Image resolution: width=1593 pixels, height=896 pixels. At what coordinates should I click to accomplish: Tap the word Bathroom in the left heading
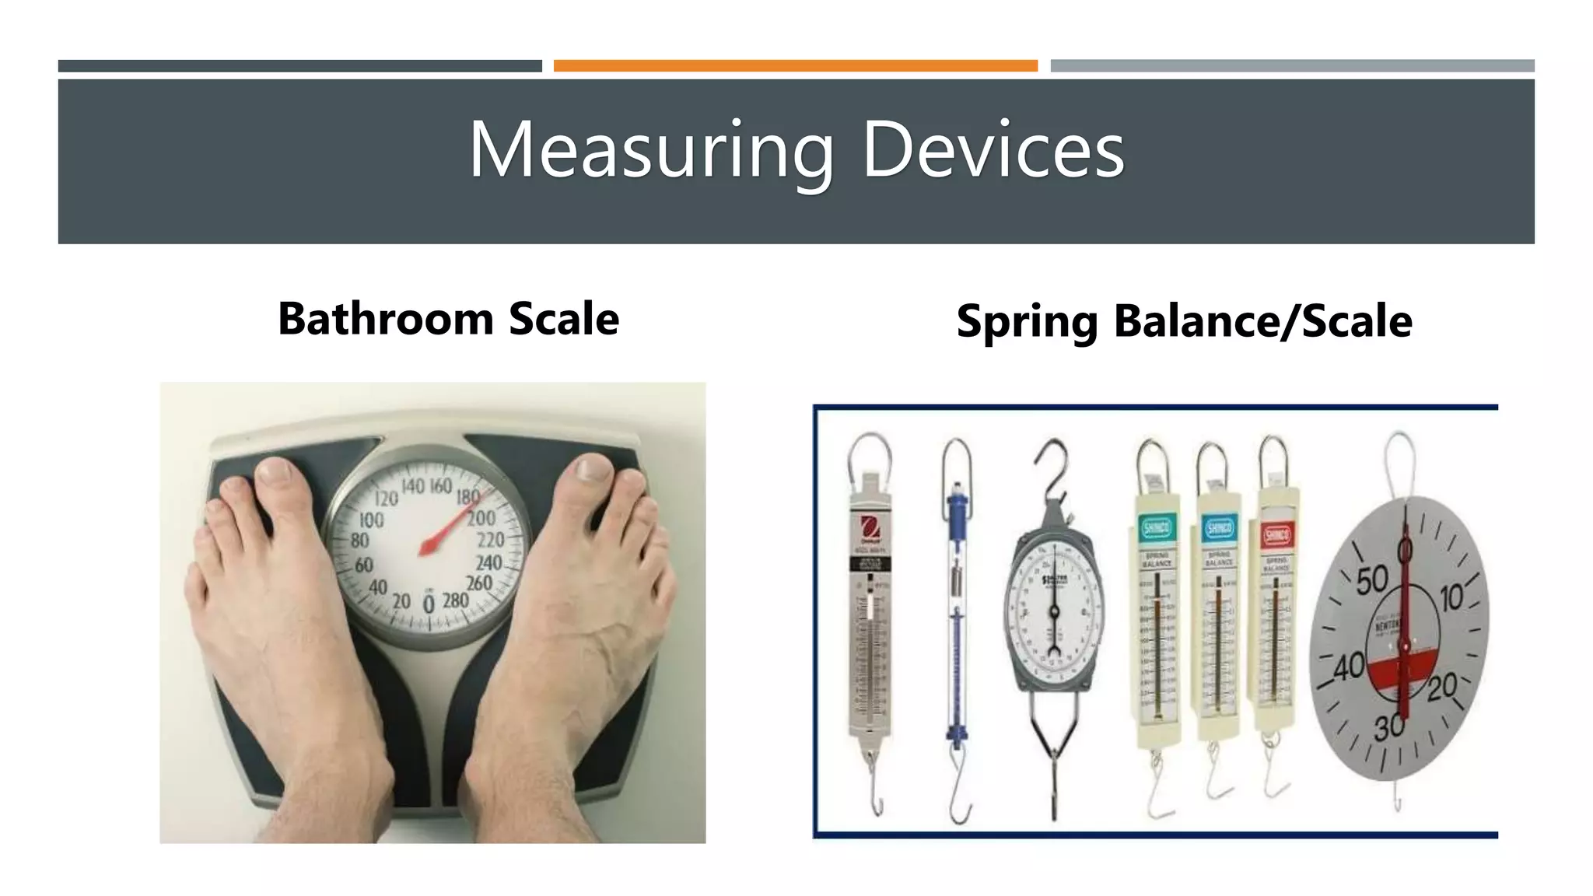click(x=386, y=319)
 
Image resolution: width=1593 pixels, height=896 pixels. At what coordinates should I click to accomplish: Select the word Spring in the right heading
click(x=1027, y=322)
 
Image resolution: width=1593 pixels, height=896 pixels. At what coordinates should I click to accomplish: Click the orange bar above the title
click(x=795, y=66)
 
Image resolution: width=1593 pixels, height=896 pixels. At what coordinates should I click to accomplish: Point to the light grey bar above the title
click(x=1292, y=66)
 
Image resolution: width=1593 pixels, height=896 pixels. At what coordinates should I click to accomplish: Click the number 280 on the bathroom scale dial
click(x=455, y=600)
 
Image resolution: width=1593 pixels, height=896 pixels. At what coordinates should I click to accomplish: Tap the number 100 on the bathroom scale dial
click(x=371, y=520)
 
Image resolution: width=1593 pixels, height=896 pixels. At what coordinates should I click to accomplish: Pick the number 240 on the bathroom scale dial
click(x=488, y=562)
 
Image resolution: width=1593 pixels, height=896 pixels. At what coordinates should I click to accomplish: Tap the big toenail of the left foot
click(x=274, y=471)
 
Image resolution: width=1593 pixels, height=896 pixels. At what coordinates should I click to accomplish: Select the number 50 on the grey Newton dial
click(x=1372, y=580)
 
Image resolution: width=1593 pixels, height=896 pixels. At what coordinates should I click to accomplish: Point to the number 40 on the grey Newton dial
click(x=1350, y=667)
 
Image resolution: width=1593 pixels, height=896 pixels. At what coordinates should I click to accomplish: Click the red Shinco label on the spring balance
click(x=1276, y=534)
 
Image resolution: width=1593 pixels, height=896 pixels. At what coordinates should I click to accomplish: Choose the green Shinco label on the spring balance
click(x=1157, y=530)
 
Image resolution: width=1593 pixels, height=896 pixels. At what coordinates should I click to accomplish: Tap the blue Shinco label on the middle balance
click(x=1218, y=530)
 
